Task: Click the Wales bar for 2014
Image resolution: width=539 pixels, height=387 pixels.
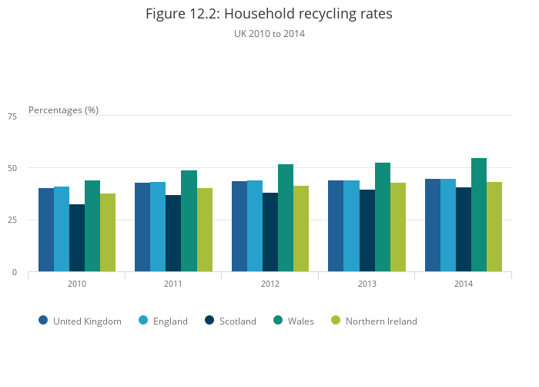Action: [x=479, y=215]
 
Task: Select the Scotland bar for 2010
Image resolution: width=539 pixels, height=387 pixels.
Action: [x=77, y=238]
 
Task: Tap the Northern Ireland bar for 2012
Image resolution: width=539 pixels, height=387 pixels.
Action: [x=301, y=229]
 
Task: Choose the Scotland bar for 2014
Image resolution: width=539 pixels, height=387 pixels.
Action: [x=464, y=230]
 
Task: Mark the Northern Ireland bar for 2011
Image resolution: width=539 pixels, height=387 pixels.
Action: [x=205, y=230]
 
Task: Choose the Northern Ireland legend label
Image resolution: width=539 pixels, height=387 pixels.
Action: [x=381, y=321]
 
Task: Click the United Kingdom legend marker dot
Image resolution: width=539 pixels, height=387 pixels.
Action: [x=43, y=321]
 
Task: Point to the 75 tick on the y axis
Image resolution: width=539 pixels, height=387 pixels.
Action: [x=12, y=116]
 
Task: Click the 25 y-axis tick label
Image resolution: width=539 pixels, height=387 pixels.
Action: [x=12, y=220]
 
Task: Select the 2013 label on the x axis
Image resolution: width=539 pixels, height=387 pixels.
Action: [x=367, y=284]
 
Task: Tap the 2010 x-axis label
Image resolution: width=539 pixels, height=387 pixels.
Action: [x=76, y=284]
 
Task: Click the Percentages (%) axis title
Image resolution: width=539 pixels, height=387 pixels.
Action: [x=63, y=110]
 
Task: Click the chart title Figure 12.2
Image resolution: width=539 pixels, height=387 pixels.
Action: [x=269, y=14]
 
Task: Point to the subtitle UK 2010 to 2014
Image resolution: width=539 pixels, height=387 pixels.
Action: [x=269, y=34]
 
